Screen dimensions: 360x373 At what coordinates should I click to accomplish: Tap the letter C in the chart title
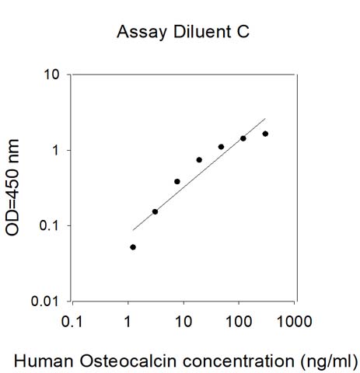coord(243,32)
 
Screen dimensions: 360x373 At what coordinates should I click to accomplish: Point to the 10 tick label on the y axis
coord(51,75)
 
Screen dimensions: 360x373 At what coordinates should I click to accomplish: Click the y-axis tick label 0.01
coord(45,302)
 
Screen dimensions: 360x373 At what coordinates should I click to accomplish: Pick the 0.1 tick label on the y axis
coord(49,225)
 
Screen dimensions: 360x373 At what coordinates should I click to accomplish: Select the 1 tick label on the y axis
coord(56,150)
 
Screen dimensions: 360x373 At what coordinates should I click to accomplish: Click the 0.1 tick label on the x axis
coord(72,322)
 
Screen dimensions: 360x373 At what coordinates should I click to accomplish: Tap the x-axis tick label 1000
coord(294,322)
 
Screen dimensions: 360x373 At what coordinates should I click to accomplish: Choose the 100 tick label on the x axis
coord(239,322)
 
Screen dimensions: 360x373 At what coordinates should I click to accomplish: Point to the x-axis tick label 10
coord(183,322)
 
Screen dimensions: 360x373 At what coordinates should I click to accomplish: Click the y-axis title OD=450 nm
coord(12,187)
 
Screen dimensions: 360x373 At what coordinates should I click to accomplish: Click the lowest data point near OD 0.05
coord(133,247)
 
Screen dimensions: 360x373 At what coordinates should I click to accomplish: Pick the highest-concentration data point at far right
coord(265,134)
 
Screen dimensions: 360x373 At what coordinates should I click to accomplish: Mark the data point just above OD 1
coord(221,147)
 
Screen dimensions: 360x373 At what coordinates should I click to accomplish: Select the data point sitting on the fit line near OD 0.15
coord(155,211)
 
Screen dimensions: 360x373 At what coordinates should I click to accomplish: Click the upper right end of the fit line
coord(265,118)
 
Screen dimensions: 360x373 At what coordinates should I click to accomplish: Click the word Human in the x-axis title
coord(44,361)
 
